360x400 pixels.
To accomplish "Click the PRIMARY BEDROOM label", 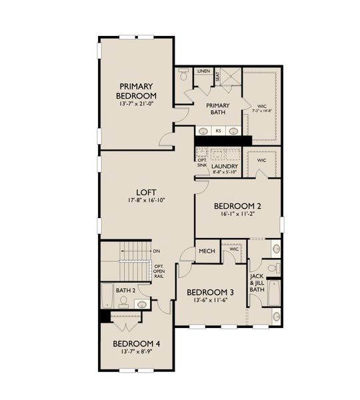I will pos(136,91).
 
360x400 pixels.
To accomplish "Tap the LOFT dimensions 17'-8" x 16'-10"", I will pos(136,200).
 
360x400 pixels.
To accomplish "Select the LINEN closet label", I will pos(204,71).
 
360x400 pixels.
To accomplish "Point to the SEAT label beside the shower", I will pos(217,77).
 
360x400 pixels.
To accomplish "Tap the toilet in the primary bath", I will pos(185,76).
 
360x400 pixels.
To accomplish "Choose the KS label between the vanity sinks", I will pos(217,131).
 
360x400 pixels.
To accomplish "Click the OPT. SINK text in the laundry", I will pos(202,163).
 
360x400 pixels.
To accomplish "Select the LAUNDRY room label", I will pos(225,166).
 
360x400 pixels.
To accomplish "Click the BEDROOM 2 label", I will pos(237,206).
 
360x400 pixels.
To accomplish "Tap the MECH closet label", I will pos(207,251).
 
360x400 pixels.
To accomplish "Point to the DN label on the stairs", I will pos(156,251).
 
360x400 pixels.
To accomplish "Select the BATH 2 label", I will pos(126,291).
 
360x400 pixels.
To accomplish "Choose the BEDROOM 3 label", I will pos(210,292).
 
